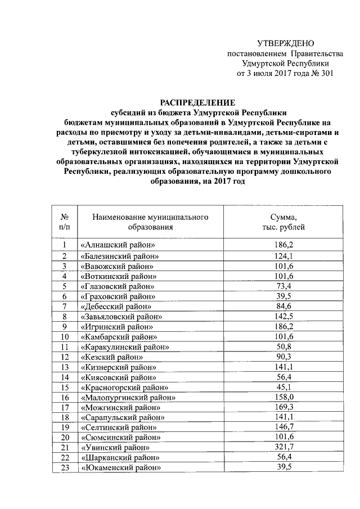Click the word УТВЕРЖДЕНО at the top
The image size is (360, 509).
pyautogui.click(x=286, y=43)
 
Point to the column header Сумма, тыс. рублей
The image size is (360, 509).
pyautogui.click(x=283, y=222)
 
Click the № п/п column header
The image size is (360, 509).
pyautogui.click(x=65, y=222)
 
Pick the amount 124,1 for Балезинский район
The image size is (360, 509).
pyautogui.click(x=283, y=256)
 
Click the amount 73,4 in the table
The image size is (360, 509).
pyautogui.click(x=283, y=286)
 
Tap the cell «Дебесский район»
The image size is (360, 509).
pyautogui.click(x=116, y=307)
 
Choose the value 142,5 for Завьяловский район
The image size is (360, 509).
pyautogui.click(x=283, y=317)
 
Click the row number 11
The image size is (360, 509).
pyautogui.click(x=65, y=347)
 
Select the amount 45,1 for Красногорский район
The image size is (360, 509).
pyautogui.click(x=283, y=387)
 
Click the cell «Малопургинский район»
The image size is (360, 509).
pyautogui.click(x=128, y=398)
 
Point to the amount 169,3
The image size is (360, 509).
pyautogui.click(x=283, y=407)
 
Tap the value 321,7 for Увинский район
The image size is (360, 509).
pyautogui.click(x=283, y=447)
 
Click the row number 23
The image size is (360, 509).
pyautogui.click(x=65, y=468)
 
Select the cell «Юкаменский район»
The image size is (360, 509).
pyautogui.click(x=120, y=468)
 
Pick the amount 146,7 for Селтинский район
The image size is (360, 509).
pyautogui.click(x=283, y=427)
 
